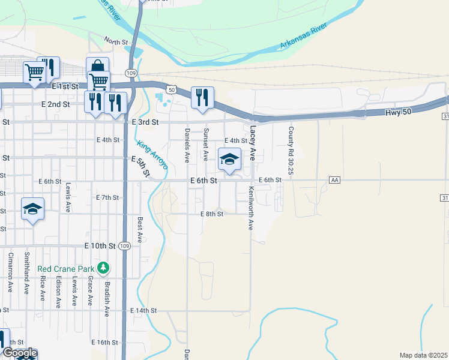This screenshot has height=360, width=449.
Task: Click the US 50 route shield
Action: click(172, 90)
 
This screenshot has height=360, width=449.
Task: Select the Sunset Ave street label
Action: click(205, 144)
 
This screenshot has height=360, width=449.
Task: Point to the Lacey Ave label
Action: click(253, 142)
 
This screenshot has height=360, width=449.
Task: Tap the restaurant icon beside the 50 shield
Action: click(202, 97)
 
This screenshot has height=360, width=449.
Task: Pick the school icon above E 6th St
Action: click(229, 160)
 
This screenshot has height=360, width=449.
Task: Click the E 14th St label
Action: click(143, 311)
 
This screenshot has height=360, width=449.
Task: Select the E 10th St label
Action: click(100, 246)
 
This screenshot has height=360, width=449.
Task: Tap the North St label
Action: click(116, 41)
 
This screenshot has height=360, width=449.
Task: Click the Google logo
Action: click(19, 353)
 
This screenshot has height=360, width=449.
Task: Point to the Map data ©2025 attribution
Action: click(424, 355)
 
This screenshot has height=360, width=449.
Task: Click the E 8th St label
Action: click(212, 214)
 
